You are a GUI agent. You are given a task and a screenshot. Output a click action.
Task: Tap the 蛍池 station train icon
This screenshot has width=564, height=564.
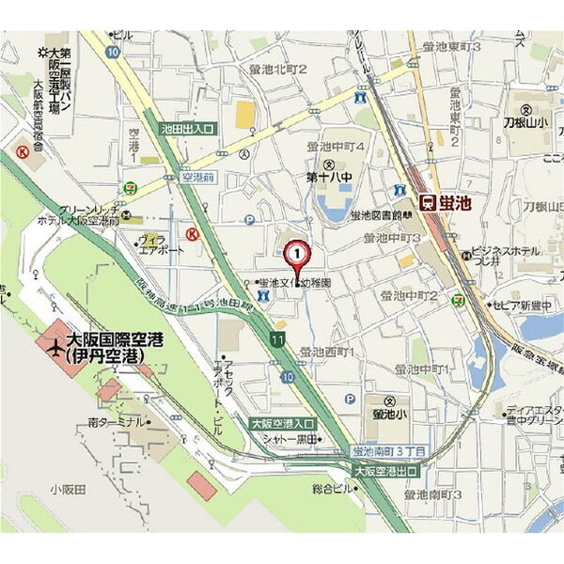tap(427, 201)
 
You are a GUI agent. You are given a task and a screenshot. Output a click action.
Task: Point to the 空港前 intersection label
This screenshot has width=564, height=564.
tap(198, 177)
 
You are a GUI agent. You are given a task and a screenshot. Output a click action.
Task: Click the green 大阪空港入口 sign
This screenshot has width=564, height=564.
tap(283, 425)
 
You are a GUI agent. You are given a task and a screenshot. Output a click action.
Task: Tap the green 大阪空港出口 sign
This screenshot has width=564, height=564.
tap(385, 469)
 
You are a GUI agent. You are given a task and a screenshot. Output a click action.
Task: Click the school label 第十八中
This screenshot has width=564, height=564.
tap(328, 176)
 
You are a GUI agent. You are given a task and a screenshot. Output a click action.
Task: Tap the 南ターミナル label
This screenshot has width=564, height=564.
tap(114, 423)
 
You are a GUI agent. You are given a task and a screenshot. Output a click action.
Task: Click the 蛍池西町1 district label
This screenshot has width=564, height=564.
tap(326, 352)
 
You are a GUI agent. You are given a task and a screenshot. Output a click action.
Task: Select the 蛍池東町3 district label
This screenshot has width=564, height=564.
tap(451, 46)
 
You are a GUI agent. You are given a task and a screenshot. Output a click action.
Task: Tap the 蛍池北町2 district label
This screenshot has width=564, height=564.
tap(278, 69)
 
